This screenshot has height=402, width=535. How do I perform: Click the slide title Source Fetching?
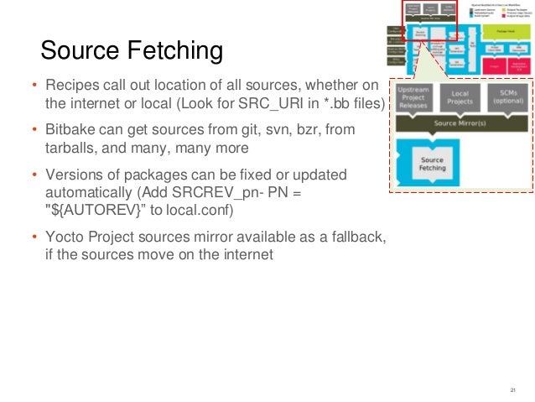point(132,52)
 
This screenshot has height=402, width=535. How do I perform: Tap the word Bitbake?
point(70,131)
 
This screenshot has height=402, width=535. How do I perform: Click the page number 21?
point(512,391)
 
